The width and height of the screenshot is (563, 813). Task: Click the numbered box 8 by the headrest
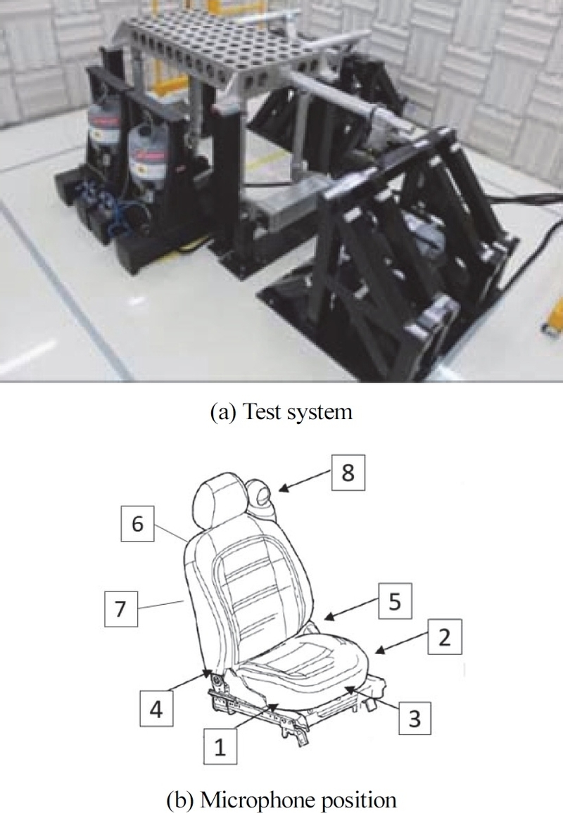pos(348,473)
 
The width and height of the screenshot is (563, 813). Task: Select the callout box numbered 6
pos(137,524)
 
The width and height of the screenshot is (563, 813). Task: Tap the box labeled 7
pos(121,608)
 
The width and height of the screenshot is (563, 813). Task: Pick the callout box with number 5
pos(395,601)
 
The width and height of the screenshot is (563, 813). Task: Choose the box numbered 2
pos(445,636)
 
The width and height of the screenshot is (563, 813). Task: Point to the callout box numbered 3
pos(415,718)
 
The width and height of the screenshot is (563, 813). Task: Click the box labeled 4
pos(156,709)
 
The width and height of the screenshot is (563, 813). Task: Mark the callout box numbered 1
pos(220,747)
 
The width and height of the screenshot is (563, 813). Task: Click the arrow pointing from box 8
pos(305,480)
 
